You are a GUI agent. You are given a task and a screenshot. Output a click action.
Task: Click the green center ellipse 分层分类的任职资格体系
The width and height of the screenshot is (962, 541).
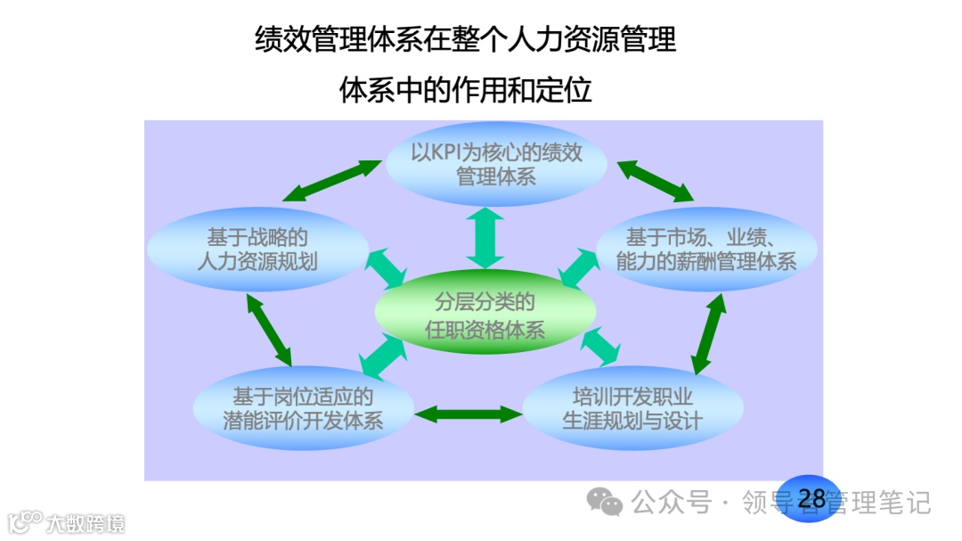[485, 315]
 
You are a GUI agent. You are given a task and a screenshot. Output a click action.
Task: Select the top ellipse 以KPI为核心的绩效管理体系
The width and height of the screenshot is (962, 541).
[496, 163]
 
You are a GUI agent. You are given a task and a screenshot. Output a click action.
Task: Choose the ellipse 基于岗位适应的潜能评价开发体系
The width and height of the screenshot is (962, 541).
[303, 407]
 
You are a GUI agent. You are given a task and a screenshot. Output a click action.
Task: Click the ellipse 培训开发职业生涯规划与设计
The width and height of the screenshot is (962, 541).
[632, 407]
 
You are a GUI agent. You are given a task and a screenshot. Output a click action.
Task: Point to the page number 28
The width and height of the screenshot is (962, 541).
[811, 498]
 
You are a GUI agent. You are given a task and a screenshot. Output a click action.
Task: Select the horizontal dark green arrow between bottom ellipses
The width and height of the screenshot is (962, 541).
[468, 414]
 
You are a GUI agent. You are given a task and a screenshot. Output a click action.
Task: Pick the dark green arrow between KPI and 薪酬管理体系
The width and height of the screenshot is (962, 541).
[655, 180]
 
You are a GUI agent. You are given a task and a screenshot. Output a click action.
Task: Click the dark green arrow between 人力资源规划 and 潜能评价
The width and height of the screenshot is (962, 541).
[268, 325]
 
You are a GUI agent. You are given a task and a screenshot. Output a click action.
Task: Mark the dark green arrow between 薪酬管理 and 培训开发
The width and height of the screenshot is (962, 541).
[709, 332]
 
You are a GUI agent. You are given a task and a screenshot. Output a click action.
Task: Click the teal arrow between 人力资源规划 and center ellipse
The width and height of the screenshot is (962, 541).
[385, 269]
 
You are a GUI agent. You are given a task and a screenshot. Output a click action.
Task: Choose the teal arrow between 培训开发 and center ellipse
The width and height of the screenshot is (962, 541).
[598, 346]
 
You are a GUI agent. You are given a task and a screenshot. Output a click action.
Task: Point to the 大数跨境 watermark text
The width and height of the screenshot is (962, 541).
[86, 522]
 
